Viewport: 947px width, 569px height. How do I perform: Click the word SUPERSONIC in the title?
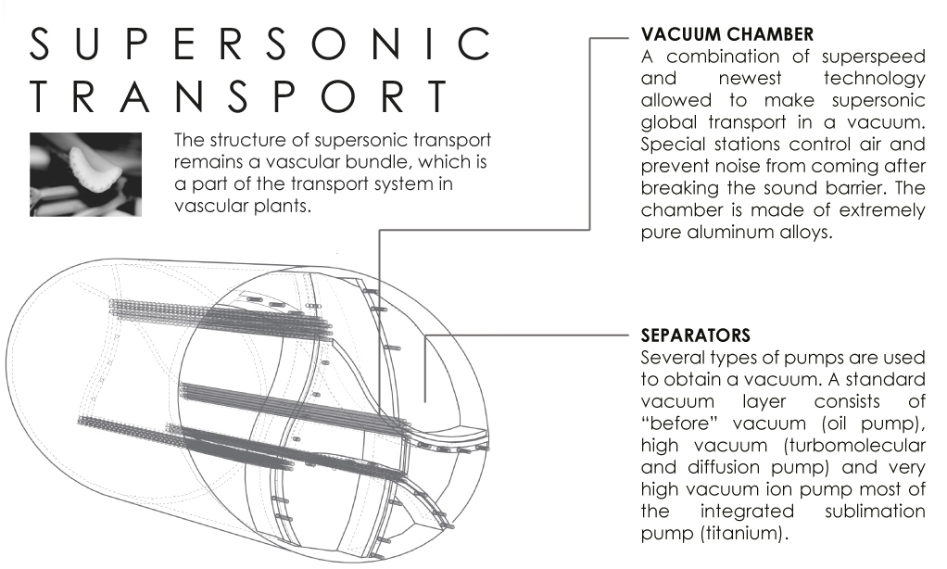point(259,44)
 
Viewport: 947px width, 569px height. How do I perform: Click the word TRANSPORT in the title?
point(239,96)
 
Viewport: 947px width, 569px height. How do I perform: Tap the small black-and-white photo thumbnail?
point(86,174)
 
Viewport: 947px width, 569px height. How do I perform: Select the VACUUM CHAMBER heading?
point(727,34)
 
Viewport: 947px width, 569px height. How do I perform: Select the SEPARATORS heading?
point(696,335)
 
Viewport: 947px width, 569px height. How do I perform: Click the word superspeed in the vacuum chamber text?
point(873,57)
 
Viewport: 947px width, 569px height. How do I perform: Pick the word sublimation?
point(875,511)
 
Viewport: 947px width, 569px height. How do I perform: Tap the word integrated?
point(747,512)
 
